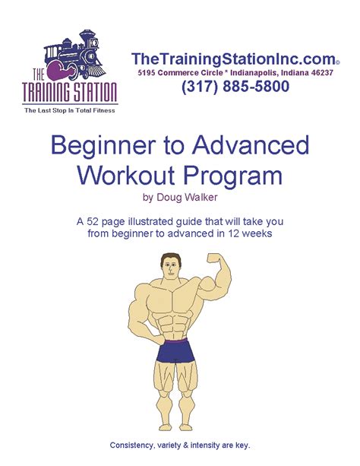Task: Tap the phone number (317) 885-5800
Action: coord(235,87)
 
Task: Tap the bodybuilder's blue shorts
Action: coord(179,353)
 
